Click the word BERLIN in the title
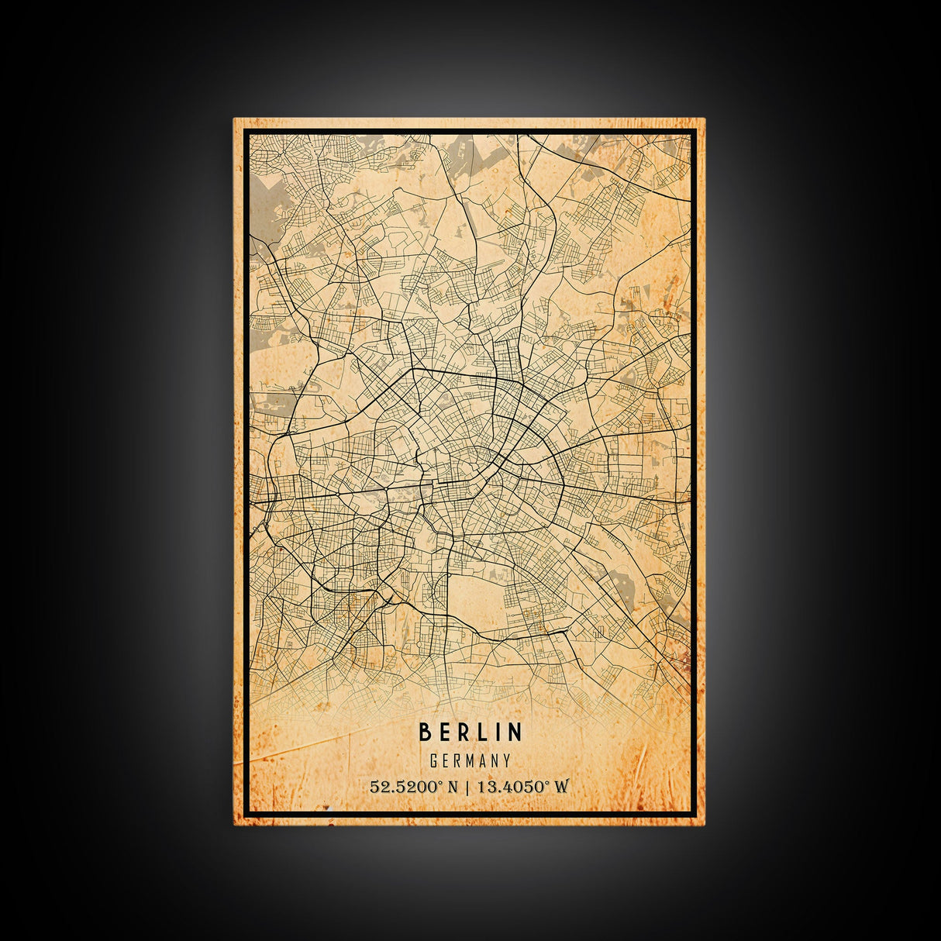pyautogui.click(x=470, y=732)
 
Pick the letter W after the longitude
pyautogui.click(x=561, y=787)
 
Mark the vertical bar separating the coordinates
pyautogui.click(x=466, y=787)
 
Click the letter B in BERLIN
pyautogui.click(x=425, y=732)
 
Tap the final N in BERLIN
pyautogui.click(x=515, y=732)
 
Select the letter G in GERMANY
pyautogui.click(x=434, y=760)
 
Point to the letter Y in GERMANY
pyautogui.click(x=507, y=760)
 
